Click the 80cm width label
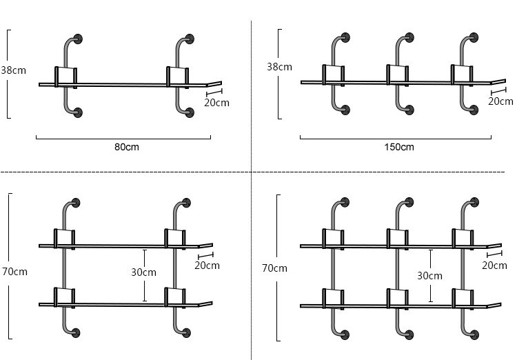pyautogui.click(x=127, y=147)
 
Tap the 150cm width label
pyautogui.click(x=399, y=147)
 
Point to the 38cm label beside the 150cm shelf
pyautogui.click(x=279, y=67)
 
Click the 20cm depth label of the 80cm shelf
pyautogui.click(x=217, y=103)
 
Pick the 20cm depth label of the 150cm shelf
pyautogui.click(x=500, y=101)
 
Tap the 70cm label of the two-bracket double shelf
pyautogui.click(x=14, y=272)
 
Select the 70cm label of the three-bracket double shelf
pyautogui.click(x=274, y=268)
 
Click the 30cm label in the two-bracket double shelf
pyautogui.click(x=143, y=272)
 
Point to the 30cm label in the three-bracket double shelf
pyautogui.click(x=429, y=275)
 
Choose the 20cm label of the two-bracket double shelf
pyautogui.click(x=207, y=266)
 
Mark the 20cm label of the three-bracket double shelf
pyautogui.click(x=494, y=266)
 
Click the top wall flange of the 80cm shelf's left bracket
pyautogui.click(x=79, y=39)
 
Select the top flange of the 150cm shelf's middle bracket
pyautogui.click(x=409, y=37)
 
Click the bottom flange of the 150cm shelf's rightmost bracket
pyautogui.click(x=474, y=110)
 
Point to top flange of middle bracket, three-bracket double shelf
pyautogui.click(x=409, y=203)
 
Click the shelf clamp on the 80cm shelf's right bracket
pyautogui.click(x=176, y=75)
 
